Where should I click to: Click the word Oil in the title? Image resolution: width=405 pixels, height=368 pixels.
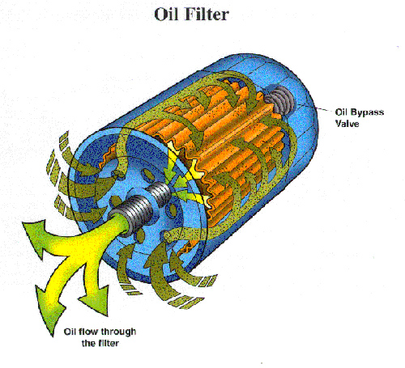(x=166, y=14)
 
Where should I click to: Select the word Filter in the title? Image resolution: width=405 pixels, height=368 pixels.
(x=207, y=14)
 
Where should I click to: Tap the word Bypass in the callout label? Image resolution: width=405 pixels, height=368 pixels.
(x=367, y=112)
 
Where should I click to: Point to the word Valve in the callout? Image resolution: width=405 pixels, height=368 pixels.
(x=347, y=124)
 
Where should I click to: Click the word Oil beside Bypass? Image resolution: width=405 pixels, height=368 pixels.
(x=341, y=112)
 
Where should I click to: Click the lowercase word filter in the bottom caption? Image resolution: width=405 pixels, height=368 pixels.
(x=109, y=343)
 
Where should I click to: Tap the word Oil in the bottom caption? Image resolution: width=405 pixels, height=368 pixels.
(x=70, y=332)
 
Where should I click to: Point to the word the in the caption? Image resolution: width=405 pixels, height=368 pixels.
(x=88, y=343)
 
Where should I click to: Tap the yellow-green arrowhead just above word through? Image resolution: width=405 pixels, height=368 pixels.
(x=95, y=301)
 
